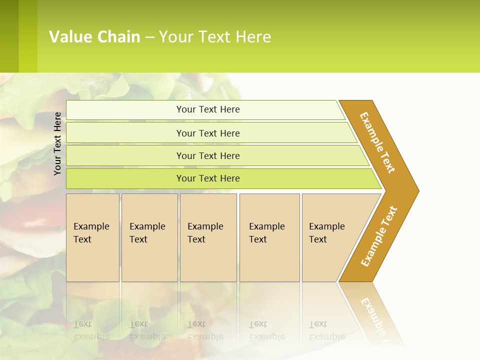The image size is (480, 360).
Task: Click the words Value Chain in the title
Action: coord(94,37)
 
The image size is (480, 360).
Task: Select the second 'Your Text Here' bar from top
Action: coord(208,133)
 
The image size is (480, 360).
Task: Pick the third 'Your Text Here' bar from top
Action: coord(208,155)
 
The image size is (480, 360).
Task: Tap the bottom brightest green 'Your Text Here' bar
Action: coord(208,178)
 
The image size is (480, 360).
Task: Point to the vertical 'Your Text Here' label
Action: coord(57,144)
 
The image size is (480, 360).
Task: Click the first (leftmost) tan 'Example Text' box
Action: coord(92,237)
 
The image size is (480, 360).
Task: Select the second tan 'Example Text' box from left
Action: coord(149,237)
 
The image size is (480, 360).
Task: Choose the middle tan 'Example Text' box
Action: coord(208,237)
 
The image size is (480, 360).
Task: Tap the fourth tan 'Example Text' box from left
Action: coord(269,237)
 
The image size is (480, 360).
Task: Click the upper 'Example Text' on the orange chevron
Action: coord(377,142)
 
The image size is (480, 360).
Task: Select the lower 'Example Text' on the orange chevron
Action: coord(379,236)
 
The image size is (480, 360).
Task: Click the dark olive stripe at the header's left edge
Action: coord(9,36)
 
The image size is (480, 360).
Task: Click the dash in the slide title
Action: coord(149,37)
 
